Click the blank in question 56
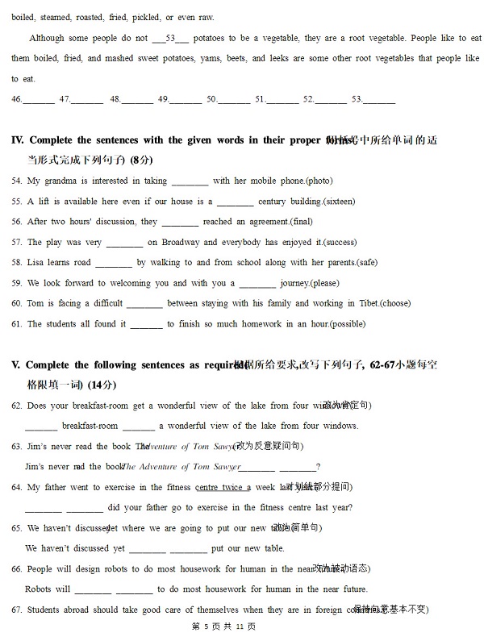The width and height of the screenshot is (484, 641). (x=180, y=223)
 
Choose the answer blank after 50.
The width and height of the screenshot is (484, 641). (x=234, y=101)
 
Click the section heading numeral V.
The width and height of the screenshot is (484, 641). (x=15, y=365)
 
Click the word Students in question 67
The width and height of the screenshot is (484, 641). (x=44, y=610)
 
